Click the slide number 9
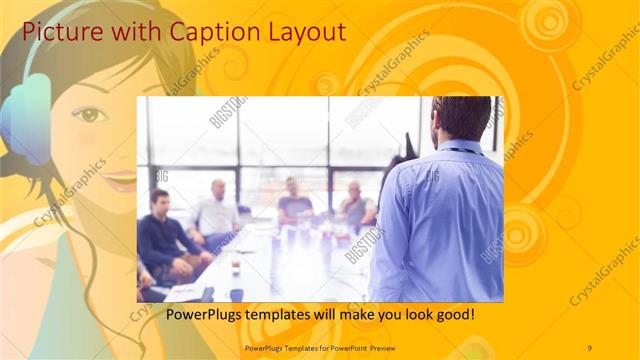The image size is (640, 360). click(x=589, y=347)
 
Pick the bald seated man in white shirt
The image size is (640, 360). click(x=214, y=210)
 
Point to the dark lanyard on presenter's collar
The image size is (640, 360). click(x=460, y=151)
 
